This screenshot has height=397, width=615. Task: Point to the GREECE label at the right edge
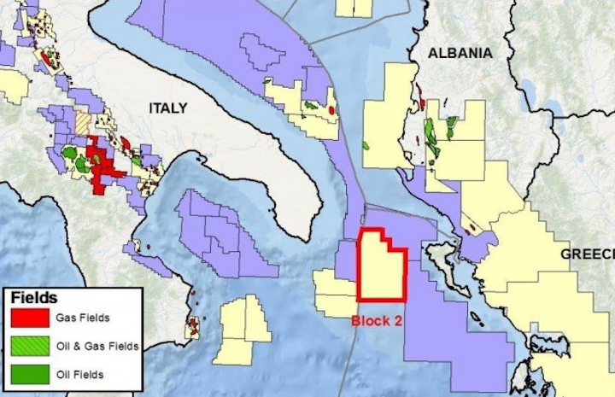coord(588,254)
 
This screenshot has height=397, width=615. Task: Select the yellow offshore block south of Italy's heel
coord(240,330)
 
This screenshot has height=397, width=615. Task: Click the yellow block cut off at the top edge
coord(353,8)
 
